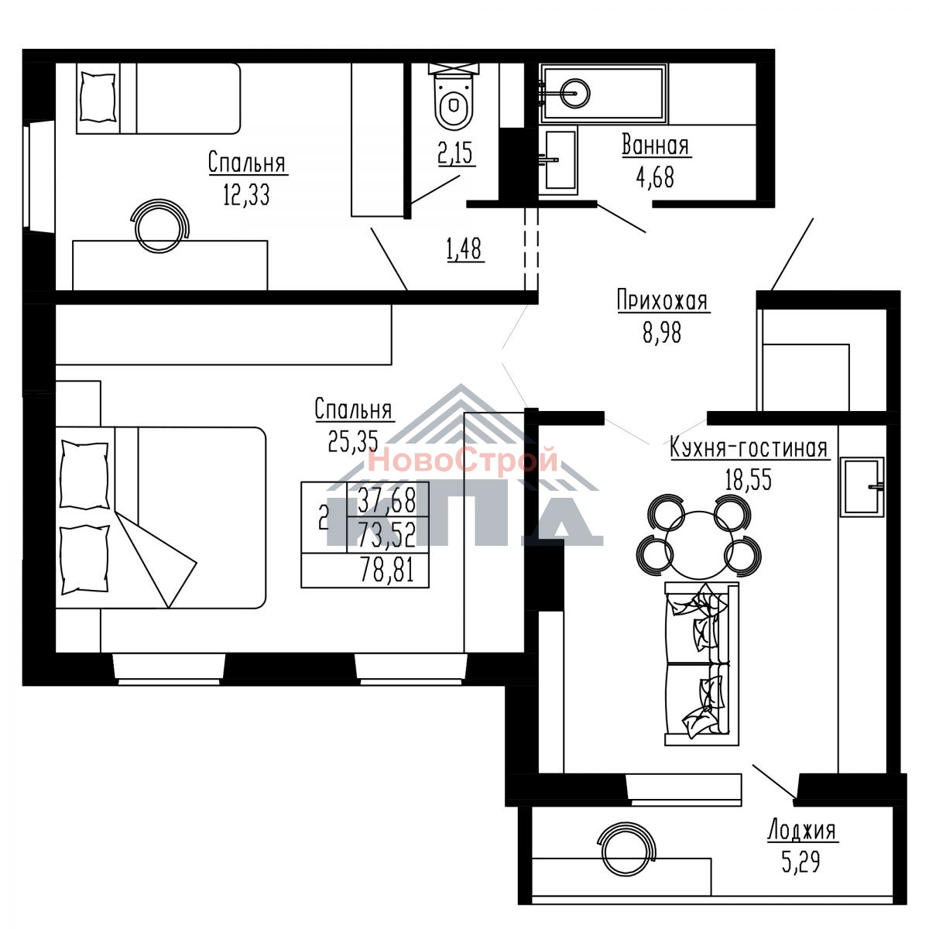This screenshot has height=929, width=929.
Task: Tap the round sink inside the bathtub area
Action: pyautogui.click(x=574, y=93)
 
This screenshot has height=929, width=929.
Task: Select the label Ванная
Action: pyautogui.click(x=656, y=146)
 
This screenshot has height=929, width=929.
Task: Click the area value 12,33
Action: pyautogui.click(x=246, y=195)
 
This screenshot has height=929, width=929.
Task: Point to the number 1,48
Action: pyautogui.click(x=464, y=249)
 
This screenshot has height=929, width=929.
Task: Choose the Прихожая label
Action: pyautogui.click(x=663, y=300)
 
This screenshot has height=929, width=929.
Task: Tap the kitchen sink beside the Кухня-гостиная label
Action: pyautogui.click(x=862, y=486)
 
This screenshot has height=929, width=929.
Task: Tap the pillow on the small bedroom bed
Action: pyautogui.click(x=98, y=97)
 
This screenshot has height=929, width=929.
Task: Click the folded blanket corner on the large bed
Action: pyautogui.click(x=156, y=560)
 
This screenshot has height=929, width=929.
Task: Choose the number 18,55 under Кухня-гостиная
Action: pyautogui.click(x=749, y=479)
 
